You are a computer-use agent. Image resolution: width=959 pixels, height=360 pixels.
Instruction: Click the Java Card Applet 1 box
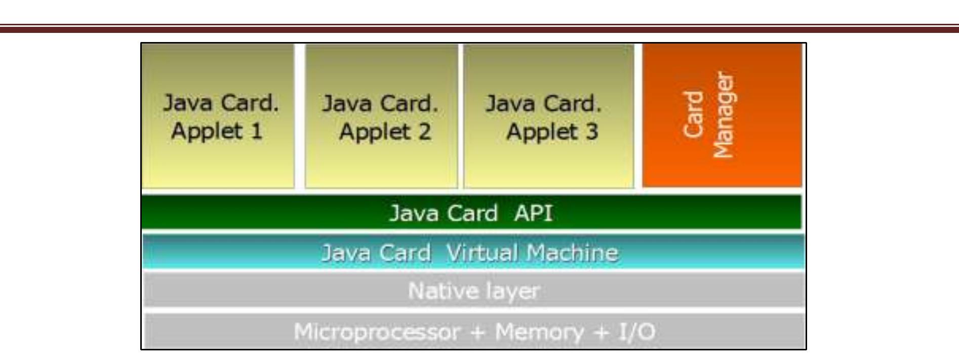[x=218, y=116]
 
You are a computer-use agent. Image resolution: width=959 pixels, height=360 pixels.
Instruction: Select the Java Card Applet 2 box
[x=381, y=116]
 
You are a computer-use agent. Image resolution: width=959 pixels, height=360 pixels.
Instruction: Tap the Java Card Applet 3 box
[x=548, y=116]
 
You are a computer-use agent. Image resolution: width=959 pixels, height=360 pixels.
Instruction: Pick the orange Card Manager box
[x=722, y=116]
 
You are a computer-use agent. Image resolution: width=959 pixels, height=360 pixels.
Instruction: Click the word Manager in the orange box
[x=724, y=116]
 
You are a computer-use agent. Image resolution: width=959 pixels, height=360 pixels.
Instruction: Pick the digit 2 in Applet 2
[x=424, y=132]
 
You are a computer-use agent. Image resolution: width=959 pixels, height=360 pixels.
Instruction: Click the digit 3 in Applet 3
[x=591, y=132]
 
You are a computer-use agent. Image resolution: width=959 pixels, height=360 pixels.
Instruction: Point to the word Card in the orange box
[x=693, y=115]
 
